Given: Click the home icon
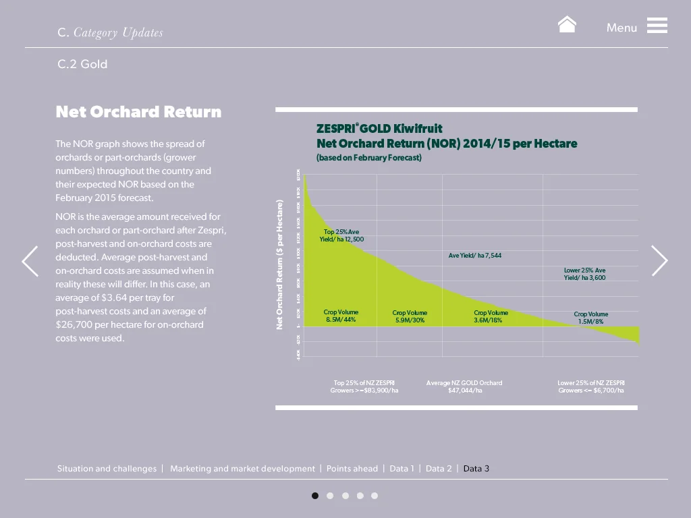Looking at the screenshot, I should [567, 25].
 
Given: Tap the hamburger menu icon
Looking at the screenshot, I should [657, 26].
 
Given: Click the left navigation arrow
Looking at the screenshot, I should [30, 261].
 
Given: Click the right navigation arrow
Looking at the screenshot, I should [659, 261].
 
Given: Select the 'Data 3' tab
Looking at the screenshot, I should [476, 469].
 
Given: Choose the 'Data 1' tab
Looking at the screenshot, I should [402, 469].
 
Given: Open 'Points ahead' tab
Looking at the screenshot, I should [352, 469].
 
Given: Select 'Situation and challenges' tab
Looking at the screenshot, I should [107, 469].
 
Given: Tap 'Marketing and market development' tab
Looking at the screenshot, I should [242, 469].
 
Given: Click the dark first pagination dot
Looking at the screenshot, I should [315, 496].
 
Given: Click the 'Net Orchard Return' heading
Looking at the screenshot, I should [138, 112].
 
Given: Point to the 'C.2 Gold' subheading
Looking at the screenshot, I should [82, 64].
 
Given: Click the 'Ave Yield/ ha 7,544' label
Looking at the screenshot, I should [475, 256].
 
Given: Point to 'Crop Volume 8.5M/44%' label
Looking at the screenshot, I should [341, 316].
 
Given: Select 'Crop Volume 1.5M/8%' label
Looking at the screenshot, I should [590, 318].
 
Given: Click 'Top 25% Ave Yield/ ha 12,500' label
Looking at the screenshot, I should [341, 235].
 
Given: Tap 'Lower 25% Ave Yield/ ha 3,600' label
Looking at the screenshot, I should [584, 274].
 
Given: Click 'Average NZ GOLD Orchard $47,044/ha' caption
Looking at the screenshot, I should [464, 386].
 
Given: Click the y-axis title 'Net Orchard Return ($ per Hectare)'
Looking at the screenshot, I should [279, 264].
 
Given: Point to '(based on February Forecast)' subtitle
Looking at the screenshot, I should [369, 158].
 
